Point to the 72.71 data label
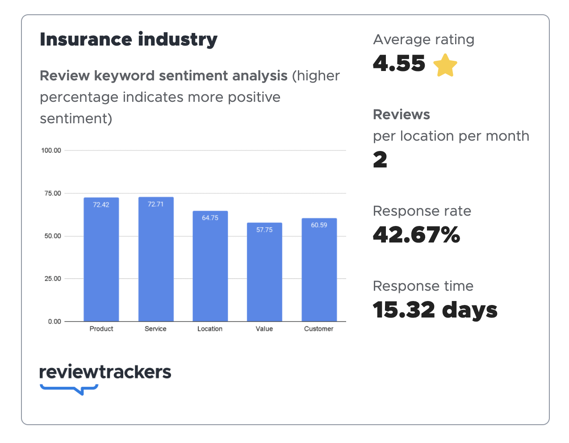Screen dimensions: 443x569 tap(156, 204)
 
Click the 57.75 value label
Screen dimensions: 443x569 tap(264, 230)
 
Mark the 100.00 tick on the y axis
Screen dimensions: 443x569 tap(51, 150)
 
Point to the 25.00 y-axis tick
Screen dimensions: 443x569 tap(53, 279)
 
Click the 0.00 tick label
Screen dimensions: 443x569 tap(54, 322)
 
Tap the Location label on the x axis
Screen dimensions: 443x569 tap(210, 329)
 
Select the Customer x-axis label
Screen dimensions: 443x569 tap(319, 329)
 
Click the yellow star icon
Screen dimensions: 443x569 tap(445, 65)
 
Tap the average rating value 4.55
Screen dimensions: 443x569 tap(399, 63)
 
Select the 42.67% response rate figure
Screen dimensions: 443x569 tap(416, 235)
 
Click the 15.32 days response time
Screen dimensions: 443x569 tap(435, 310)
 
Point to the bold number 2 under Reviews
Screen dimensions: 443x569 tap(380, 160)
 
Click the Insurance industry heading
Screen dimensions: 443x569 tap(129, 39)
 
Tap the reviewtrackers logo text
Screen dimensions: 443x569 tap(105, 372)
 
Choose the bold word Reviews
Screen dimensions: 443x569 tap(402, 114)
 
